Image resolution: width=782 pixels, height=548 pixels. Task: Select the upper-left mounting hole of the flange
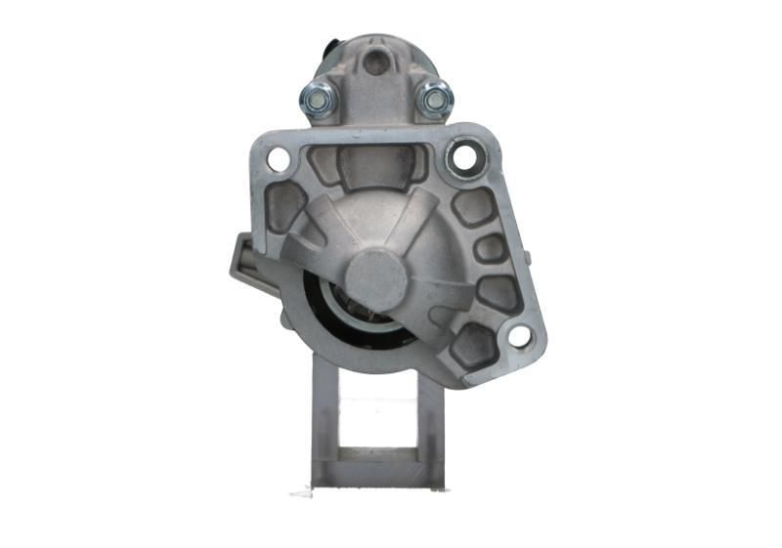pyautogui.click(x=279, y=158)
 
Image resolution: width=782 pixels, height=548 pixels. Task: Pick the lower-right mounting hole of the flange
pyautogui.click(x=519, y=336)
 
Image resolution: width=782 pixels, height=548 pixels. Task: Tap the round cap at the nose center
pyautogui.click(x=376, y=275)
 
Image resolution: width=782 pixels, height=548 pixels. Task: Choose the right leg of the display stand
pyautogui.click(x=430, y=420)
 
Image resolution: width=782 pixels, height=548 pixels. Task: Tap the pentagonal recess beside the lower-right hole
pyautogui.click(x=472, y=345)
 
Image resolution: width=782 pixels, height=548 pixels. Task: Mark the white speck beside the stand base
pyautogui.click(x=302, y=492)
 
